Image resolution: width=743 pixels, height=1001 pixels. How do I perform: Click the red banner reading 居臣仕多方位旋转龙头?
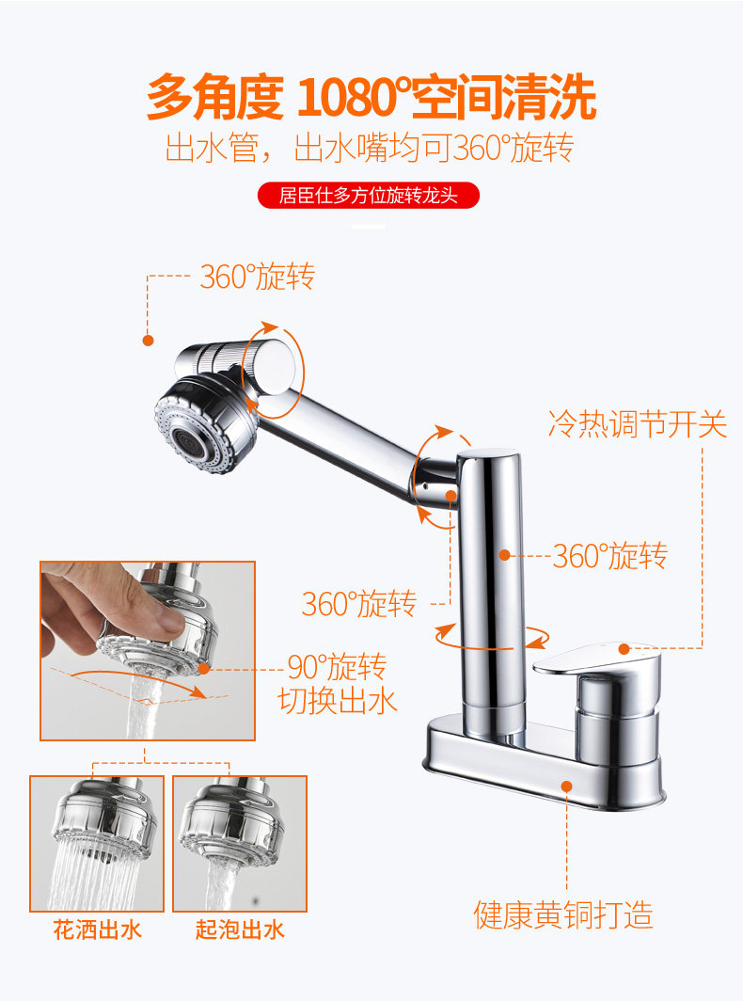pyautogui.click(x=369, y=196)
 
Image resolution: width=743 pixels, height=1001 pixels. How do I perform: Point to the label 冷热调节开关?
pyautogui.click(x=638, y=424)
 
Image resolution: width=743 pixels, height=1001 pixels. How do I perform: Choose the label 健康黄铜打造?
pyautogui.click(x=563, y=914)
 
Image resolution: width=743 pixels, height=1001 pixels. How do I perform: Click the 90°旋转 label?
pyautogui.click(x=337, y=667)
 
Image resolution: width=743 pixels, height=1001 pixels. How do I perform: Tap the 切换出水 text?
pyautogui.click(x=338, y=700)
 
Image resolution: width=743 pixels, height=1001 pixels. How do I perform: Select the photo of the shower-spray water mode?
pyautogui.click(x=97, y=843)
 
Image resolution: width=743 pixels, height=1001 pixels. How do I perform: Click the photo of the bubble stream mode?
pyautogui.click(x=240, y=843)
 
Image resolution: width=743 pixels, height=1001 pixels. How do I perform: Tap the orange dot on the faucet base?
pyautogui.click(x=566, y=786)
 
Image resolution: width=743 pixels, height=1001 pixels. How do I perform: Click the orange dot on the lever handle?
pyautogui.click(x=624, y=649)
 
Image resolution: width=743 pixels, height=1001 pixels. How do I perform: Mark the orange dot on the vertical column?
pyautogui.click(x=504, y=555)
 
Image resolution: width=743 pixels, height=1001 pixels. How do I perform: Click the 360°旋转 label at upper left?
pyautogui.click(x=258, y=277)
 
